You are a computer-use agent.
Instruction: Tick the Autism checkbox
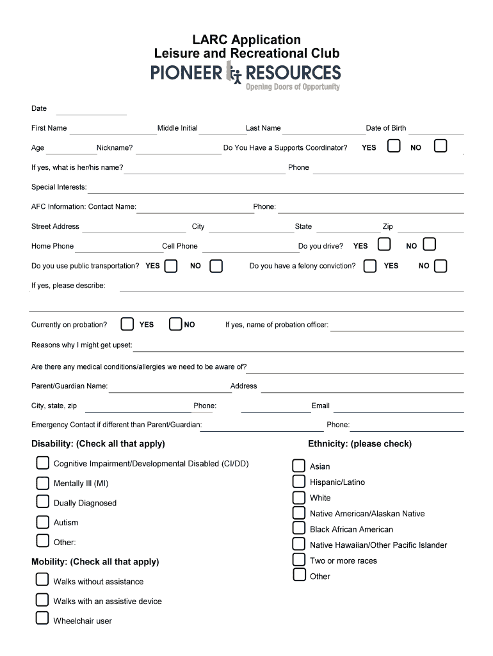click(x=42, y=521)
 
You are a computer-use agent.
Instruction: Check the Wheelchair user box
click(x=42, y=618)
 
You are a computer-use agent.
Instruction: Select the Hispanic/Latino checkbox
click(x=299, y=481)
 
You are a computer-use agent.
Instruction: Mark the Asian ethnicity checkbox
click(x=299, y=465)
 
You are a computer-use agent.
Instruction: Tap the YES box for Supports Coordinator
click(x=394, y=146)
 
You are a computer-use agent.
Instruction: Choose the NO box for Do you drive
click(x=429, y=244)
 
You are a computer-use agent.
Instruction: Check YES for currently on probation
click(x=127, y=324)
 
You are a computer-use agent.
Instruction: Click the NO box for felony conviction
click(x=440, y=265)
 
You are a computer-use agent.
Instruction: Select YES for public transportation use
click(x=171, y=265)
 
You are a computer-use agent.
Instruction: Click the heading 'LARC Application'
click(x=247, y=40)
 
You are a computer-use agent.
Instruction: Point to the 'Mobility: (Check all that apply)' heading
click(x=95, y=562)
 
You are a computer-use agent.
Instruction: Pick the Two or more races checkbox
click(x=299, y=559)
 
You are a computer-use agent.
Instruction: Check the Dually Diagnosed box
click(x=42, y=501)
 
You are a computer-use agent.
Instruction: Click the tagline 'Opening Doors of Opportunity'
click(x=293, y=87)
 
